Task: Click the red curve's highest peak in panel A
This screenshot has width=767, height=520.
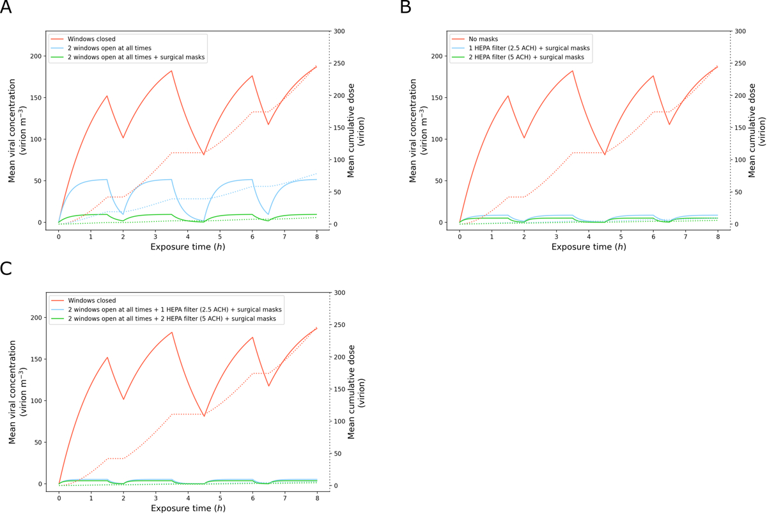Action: pyautogui.click(x=172, y=71)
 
